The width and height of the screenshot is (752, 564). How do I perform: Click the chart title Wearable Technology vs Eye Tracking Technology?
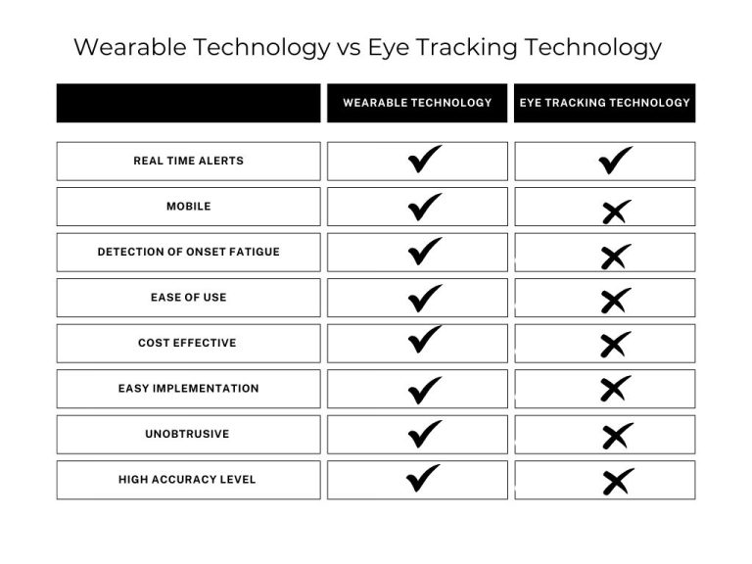367,47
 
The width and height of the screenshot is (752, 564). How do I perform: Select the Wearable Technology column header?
417,103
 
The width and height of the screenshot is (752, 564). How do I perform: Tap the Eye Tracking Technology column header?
604,103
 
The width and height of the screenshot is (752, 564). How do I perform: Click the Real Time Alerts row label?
188,162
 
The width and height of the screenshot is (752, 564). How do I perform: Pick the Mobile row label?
188,207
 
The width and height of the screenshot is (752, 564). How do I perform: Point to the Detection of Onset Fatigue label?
188,253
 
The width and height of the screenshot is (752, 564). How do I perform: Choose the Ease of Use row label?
188,298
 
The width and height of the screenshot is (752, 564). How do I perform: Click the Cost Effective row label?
188,344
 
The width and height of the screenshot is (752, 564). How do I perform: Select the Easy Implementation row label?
188,389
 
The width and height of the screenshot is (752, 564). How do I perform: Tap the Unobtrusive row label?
188,434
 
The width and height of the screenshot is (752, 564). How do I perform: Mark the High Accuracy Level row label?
188,480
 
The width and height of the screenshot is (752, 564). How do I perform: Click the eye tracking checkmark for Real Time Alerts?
615,161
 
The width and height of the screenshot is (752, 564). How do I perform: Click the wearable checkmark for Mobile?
424,206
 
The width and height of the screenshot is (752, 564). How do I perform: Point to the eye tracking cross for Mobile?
616,210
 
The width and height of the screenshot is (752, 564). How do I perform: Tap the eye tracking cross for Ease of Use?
615,301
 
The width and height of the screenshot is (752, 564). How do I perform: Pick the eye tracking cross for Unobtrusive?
616,436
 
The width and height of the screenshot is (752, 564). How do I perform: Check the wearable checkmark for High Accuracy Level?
424,479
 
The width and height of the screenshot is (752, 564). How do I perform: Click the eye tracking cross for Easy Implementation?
615,390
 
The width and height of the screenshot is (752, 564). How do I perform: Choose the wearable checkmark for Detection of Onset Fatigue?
424,252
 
